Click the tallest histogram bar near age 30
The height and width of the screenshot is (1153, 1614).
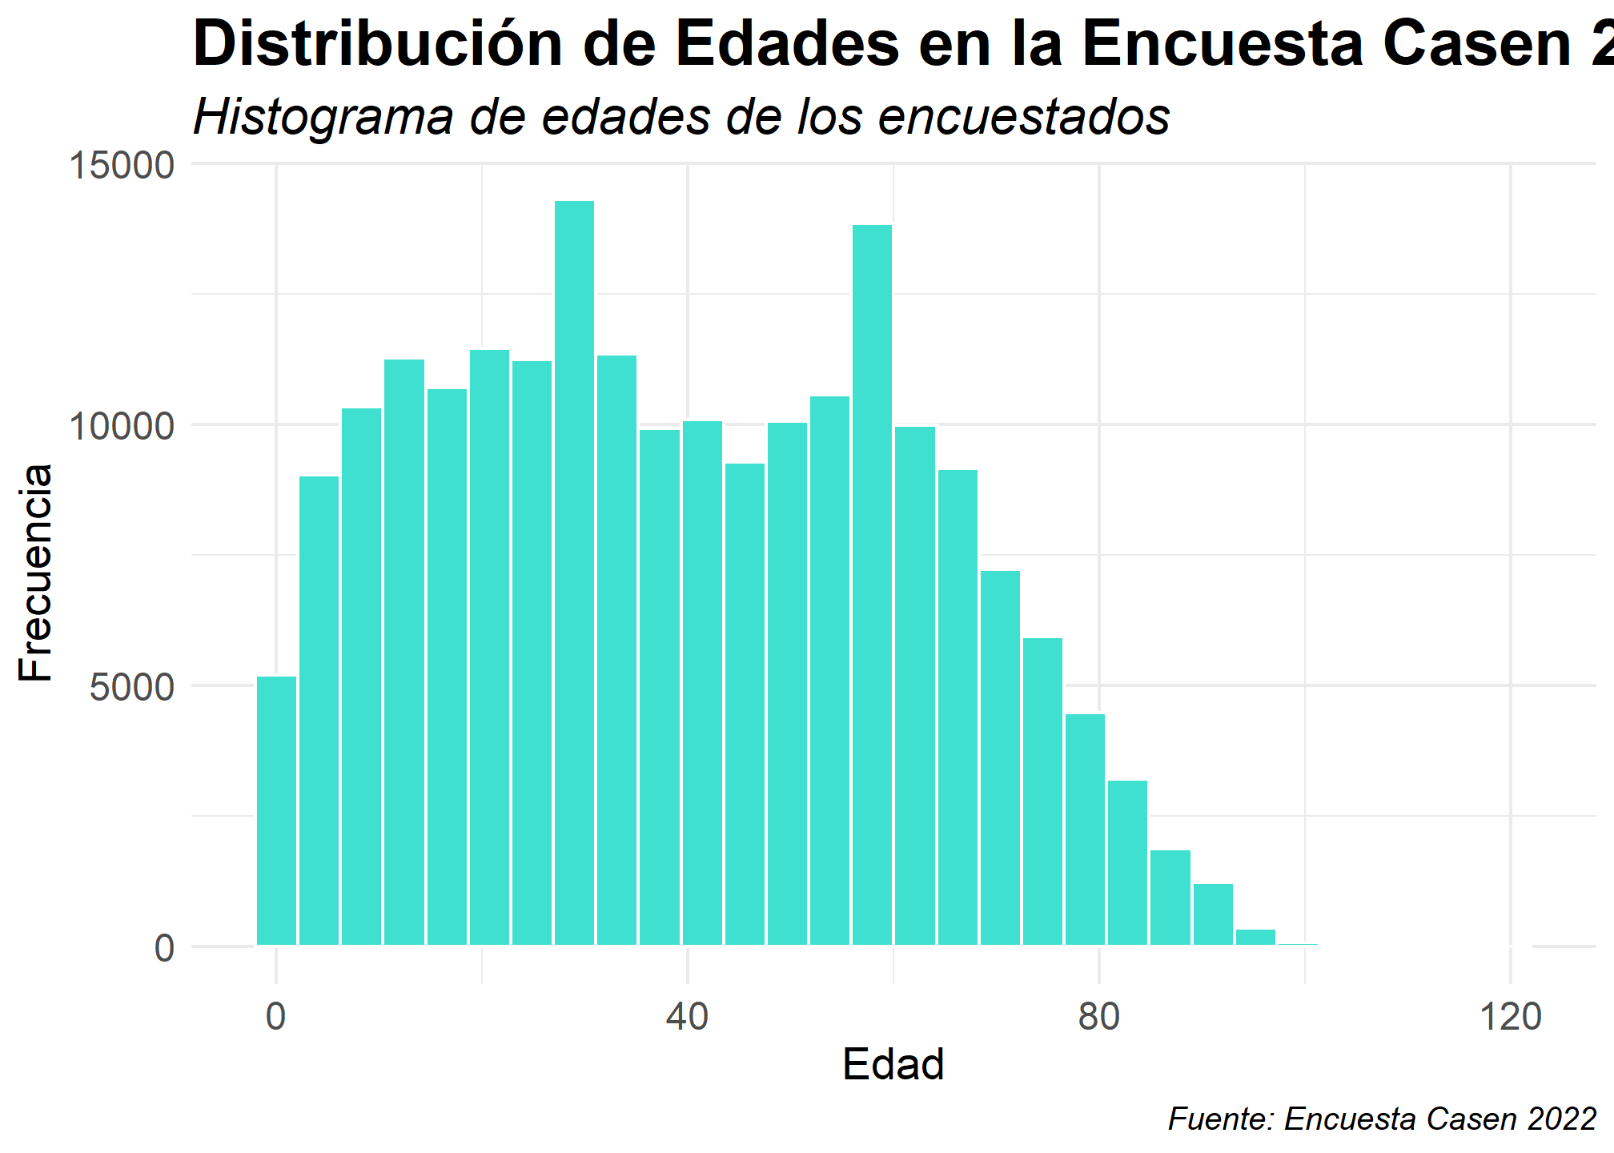point(574,572)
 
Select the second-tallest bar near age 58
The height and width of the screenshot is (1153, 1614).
point(872,585)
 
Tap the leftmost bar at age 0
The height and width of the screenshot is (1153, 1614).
point(276,810)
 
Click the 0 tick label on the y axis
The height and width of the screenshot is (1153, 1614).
point(164,948)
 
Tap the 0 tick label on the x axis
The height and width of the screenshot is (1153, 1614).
point(276,1017)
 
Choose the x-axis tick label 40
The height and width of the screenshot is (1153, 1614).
point(688,1017)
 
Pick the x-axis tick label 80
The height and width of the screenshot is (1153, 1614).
point(1098,1017)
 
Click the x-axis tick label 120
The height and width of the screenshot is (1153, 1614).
point(1510,1017)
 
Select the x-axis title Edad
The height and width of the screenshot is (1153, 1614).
point(893,1065)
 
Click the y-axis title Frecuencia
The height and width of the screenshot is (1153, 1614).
point(36,572)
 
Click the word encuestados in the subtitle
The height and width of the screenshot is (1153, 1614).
point(1024,117)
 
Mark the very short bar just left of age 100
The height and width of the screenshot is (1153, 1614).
point(1298,944)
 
